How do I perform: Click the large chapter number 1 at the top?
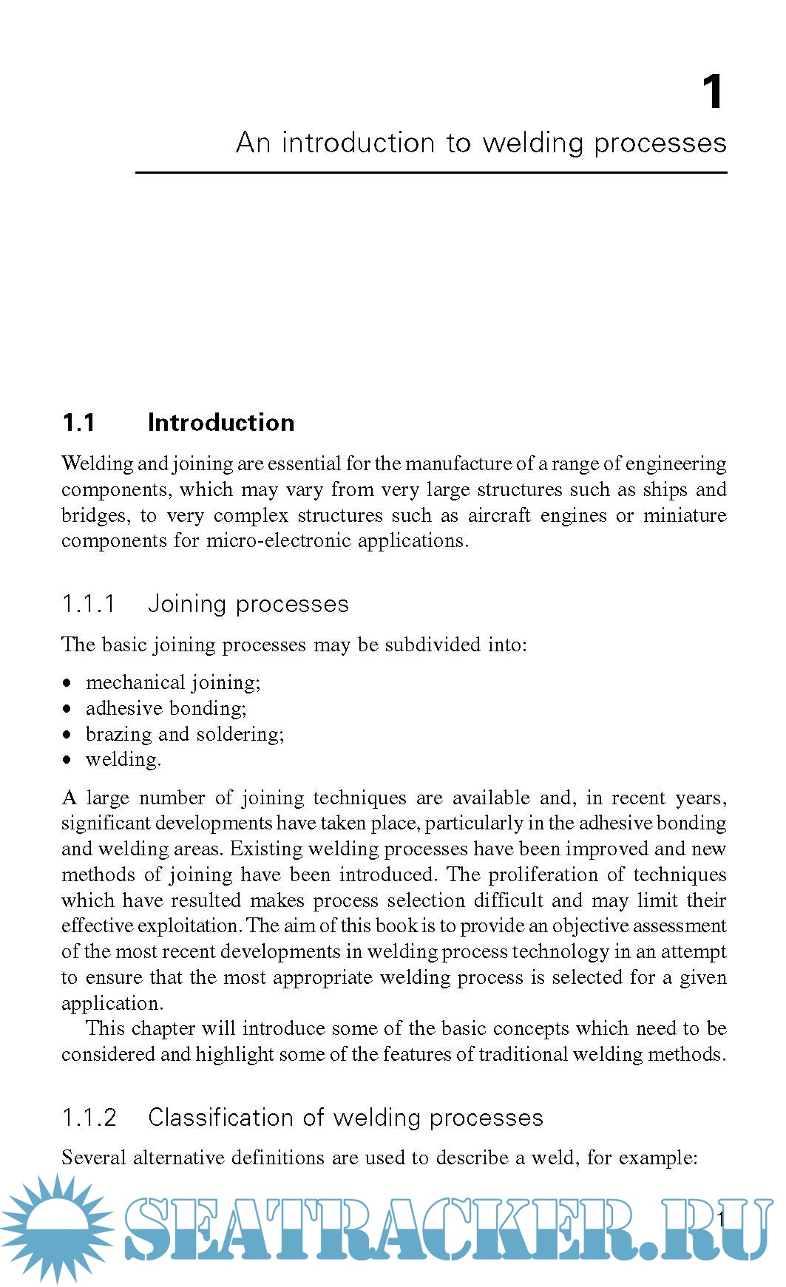(x=712, y=92)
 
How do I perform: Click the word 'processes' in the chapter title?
(x=660, y=143)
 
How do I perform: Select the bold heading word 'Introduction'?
(x=221, y=423)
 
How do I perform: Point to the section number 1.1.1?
(x=89, y=604)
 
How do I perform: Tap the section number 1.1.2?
(x=89, y=1118)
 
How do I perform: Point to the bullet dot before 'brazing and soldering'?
(x=67, y=734)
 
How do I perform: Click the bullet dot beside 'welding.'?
(x=67, y=759)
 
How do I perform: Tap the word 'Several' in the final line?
(x=93, y=1158)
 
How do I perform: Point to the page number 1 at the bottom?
(x=721, y=1219)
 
